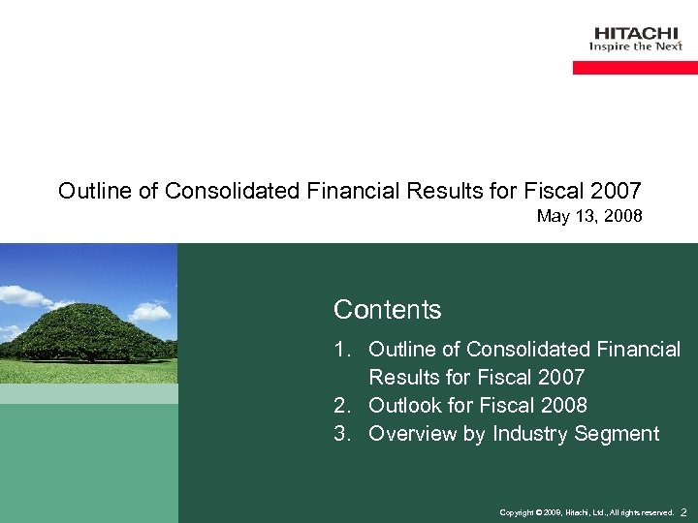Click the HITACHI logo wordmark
(x=635, y=34)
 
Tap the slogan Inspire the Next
(x=636, y=46)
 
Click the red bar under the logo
(x=635, y=68)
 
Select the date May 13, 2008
(x=589, y=216)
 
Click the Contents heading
(x=387, y=310)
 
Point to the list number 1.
(x=341, y=349)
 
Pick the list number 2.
(x=341, y=405)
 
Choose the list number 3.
(x=341, y=434)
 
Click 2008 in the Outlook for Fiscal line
(x=561, y=405)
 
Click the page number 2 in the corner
(x=683, y=511)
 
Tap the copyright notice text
(x=586, y=512)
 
